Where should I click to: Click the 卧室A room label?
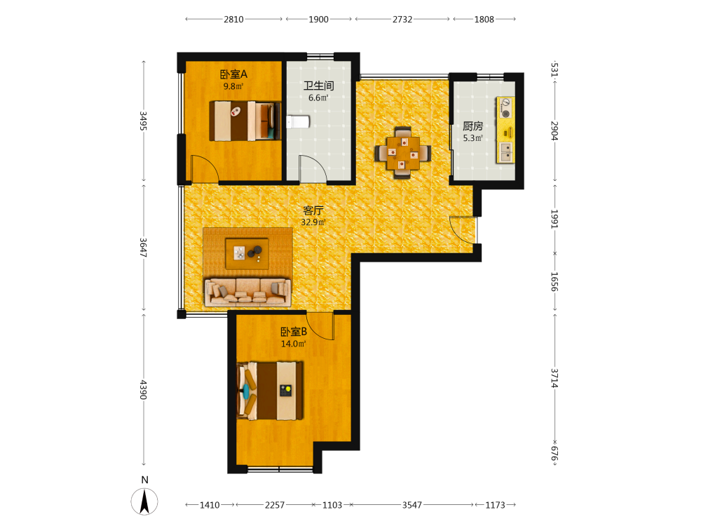(233, 74)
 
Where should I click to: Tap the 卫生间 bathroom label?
(319, 86)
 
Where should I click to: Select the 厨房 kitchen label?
(473, 126)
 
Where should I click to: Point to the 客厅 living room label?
(313, 210)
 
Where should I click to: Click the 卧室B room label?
(294, 332)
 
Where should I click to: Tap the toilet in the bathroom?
(298, 121)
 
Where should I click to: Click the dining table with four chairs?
(403, 153)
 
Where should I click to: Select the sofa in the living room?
(247, 292)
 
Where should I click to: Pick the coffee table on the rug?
(247, 254)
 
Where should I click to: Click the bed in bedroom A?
(245, 121)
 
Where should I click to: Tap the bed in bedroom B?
(270, 391)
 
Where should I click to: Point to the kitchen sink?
(506, 152)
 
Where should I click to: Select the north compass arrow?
(144, 501)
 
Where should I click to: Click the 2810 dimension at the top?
(234, 19)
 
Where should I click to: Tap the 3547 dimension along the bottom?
(411, 505)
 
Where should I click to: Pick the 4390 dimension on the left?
(143, 389)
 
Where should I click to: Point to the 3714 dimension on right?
(554, 378)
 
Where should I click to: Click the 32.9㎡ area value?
(313, 222)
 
